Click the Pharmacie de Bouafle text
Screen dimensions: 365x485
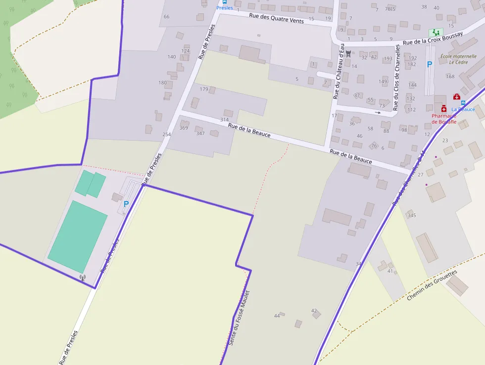pos(443,119)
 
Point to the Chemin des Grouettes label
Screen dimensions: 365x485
pos(432,285)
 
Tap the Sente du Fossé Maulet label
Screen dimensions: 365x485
pos(241,317)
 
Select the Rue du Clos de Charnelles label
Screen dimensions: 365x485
pos(396,78)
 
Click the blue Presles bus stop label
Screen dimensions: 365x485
pos(224,8)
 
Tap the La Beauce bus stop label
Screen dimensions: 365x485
pos(463,109)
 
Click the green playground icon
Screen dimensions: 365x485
pos(436,33)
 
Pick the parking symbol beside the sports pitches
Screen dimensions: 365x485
pos(126,204)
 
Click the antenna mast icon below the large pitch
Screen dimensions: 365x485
pos(83,278)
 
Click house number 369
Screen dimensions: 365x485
pos(184,128)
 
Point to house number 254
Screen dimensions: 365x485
pos(166,135)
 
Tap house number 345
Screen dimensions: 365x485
pos(412,215)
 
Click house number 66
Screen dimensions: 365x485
pos(166,17)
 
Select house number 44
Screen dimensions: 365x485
pos(277,315)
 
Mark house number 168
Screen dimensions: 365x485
pos(450,76)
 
